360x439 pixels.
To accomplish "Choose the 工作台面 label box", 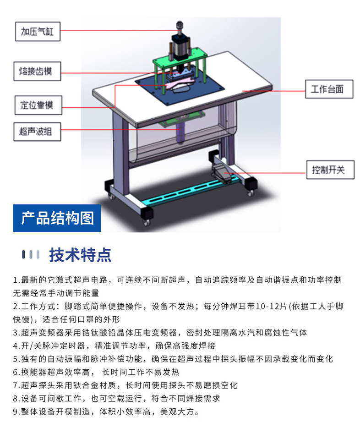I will (x=330, y=89).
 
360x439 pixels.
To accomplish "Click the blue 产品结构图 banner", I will (x=57, y=218).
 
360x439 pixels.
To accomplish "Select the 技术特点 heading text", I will (x=80, y=255).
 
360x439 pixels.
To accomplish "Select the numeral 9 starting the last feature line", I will (x=15, y=412).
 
